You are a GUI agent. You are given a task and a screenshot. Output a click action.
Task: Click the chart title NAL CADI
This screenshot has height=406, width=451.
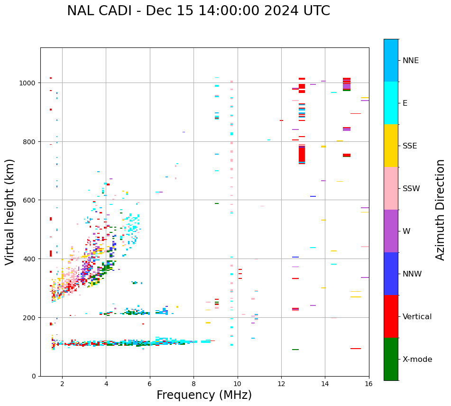pyautogui.click(x=198, y=11)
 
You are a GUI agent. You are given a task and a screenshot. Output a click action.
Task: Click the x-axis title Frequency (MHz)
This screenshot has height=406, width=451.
pyautogui.click(x=204, y=395)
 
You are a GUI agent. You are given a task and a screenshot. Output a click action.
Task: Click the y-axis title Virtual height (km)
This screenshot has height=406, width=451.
pyautogui.click(x=10, y=212)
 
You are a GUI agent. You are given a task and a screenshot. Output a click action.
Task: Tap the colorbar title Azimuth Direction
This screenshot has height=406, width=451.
pyautogui.click(x=441, y=210)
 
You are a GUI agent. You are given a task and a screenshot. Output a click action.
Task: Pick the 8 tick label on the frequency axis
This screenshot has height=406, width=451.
pyautogui.click(x=193, y=384)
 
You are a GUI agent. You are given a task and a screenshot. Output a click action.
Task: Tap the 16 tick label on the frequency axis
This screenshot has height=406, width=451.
pyautogui.click(x=369, y=384)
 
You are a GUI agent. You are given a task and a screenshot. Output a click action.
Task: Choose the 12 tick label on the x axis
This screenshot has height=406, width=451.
pyautogui.click(x=281, y=384)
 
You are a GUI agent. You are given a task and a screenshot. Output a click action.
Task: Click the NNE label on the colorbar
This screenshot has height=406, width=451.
pyautogui.click(x=411, y=61)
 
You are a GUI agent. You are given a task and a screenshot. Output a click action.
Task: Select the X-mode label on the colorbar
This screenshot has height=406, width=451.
pyautogui.click(x=417, y=360)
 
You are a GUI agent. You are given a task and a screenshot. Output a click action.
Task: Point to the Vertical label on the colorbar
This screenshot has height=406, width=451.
pyautogui.click(x=417, y=317)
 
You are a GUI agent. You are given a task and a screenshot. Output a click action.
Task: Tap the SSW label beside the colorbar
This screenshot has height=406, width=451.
pyautogui.click(x=411, y=189)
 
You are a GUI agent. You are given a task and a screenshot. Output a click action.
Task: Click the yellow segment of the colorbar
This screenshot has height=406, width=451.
pyautogui.click(x=391, y=146)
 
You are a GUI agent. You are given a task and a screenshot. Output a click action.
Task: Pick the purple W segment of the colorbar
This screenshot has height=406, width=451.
pyautogui.click(x=391, y=231)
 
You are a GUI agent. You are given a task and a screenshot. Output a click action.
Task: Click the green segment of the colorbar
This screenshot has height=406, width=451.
pyautogui.click(x=391, y=359)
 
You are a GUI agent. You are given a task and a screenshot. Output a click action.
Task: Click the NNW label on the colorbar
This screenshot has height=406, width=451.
pyautogui.click(x=412, y=274)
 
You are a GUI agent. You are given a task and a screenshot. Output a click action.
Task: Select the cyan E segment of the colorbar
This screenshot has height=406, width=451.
pyautogui.click(x=391, y=103)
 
